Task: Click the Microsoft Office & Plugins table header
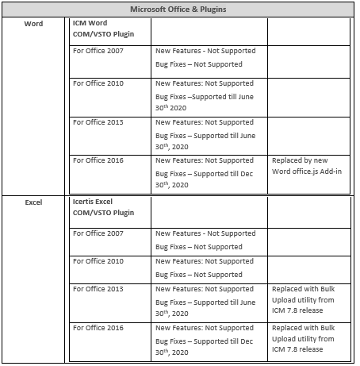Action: coord(179,10)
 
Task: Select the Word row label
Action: coord(34,24)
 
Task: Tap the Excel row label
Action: coord(34,203)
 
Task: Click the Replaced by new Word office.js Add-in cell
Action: coord(307,167)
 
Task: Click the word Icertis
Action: coord(85,202)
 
